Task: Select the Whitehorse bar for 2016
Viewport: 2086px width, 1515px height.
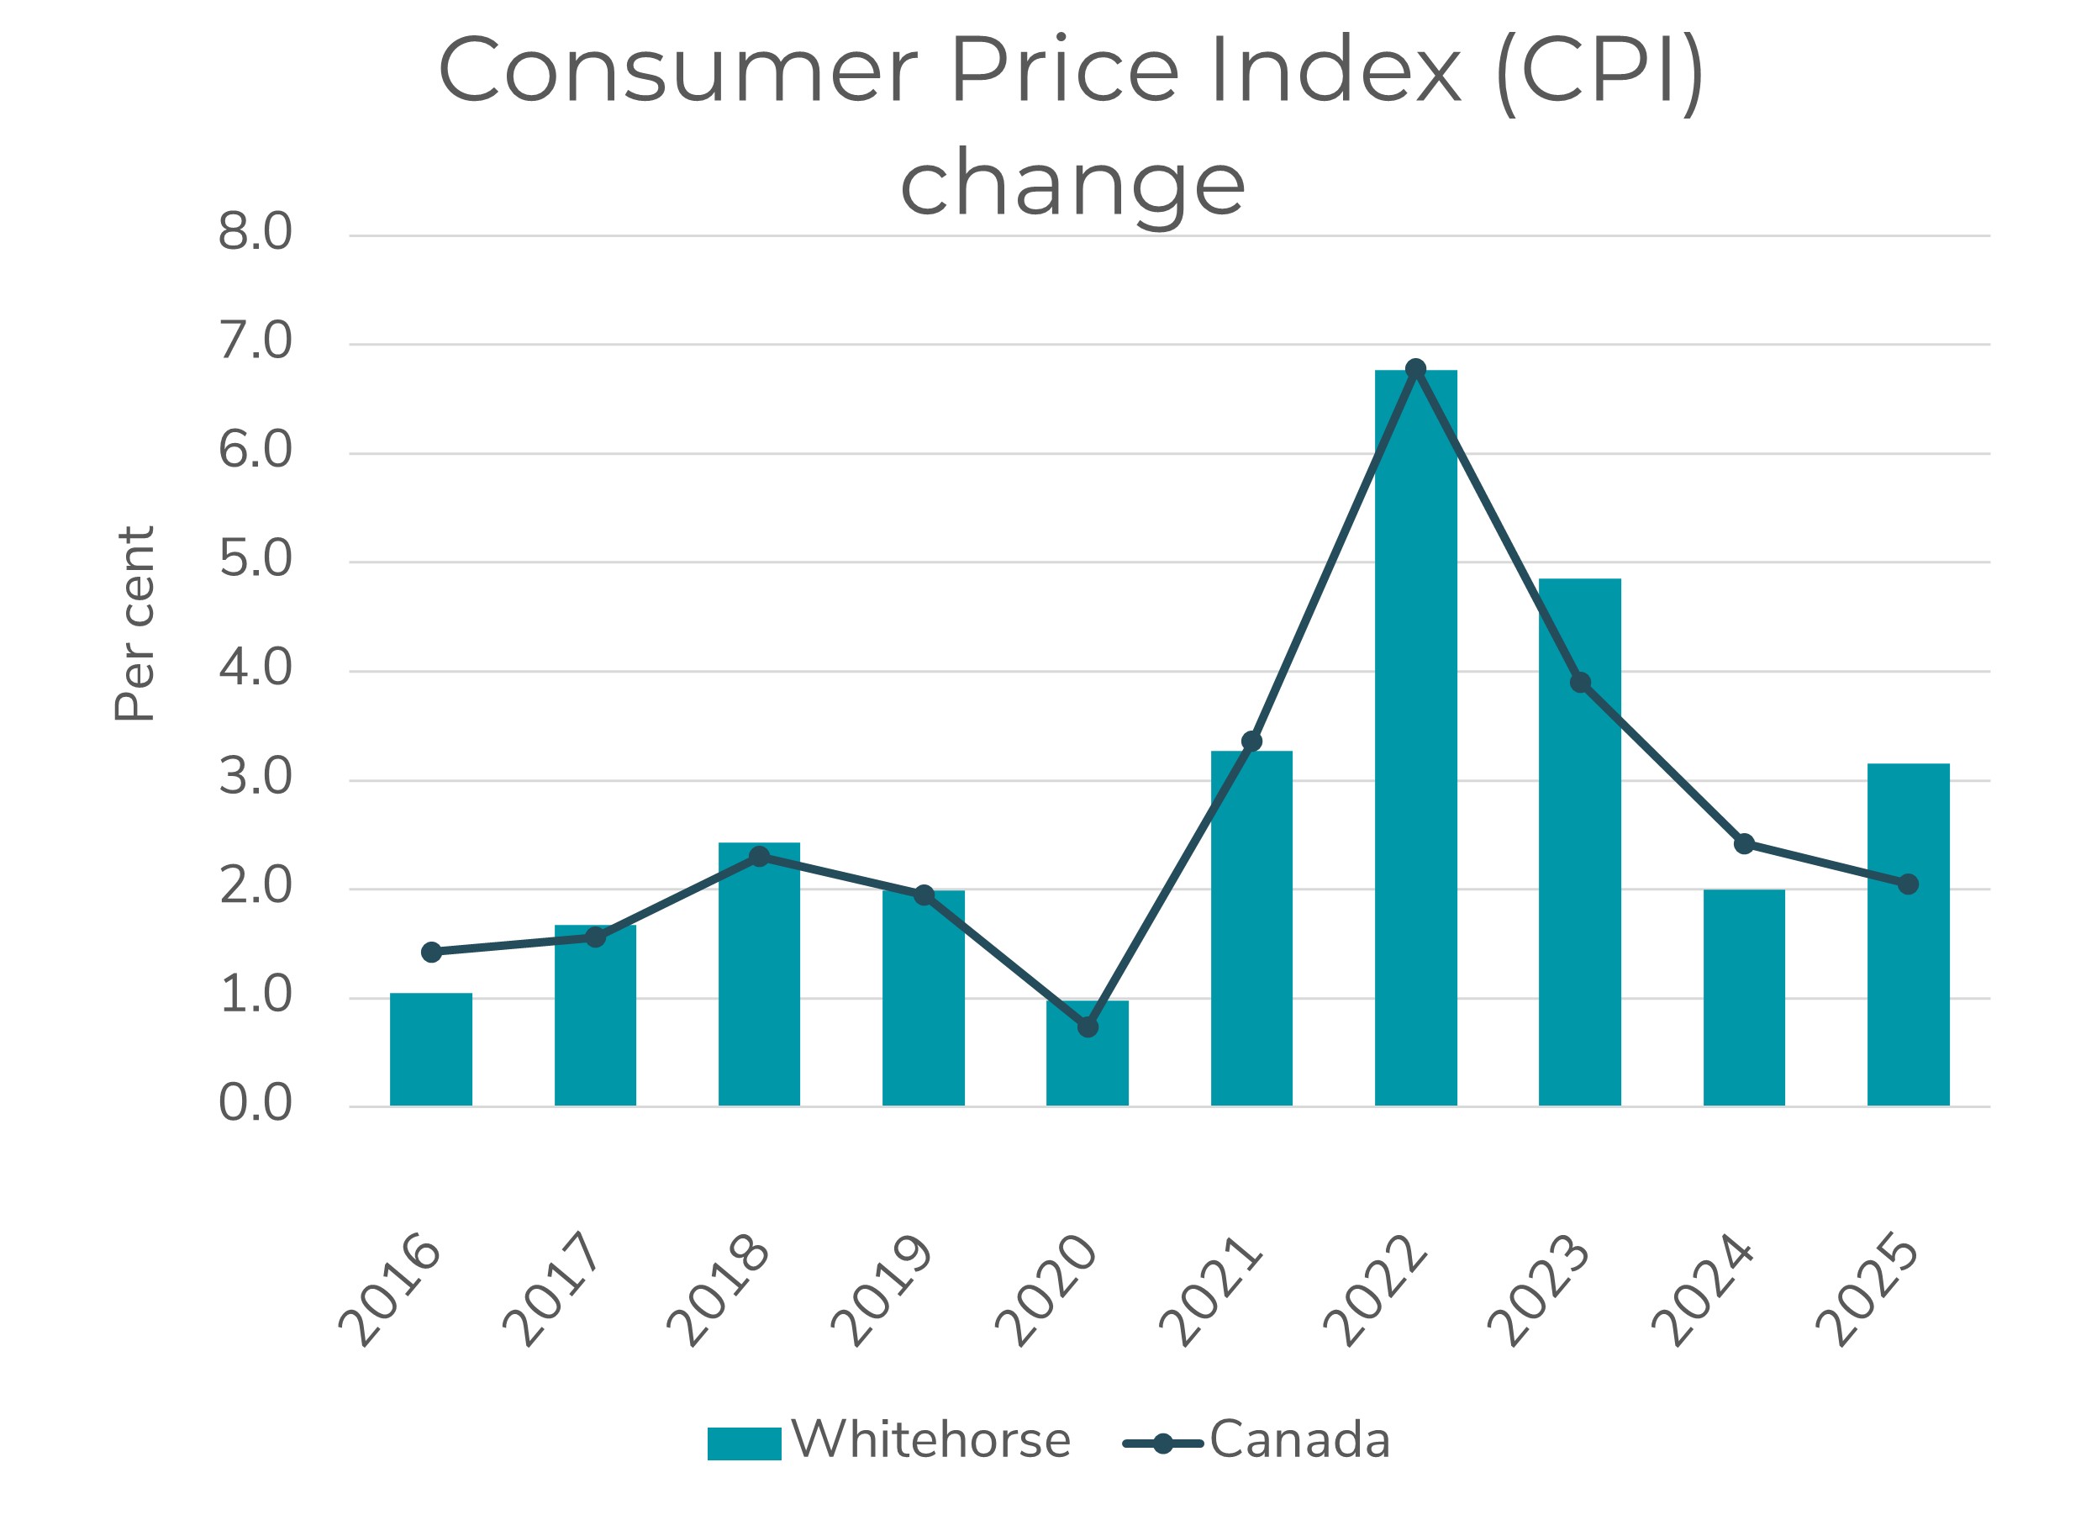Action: click(x=430, y=1049)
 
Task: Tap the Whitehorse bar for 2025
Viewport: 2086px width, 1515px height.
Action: click(x=1909, y=935)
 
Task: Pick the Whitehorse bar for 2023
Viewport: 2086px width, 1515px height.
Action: click(x=1579, y=842)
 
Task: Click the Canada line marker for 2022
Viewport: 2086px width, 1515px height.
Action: click(x=1415, y=369)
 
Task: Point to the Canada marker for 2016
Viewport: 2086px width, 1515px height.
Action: click(x=431, y=952)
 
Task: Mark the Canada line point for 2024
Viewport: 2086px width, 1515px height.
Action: click(x=1744, y=843)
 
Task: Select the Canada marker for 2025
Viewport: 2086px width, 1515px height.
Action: click(x=1909, y=884)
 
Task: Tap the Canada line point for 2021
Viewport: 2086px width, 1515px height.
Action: click(x=1251, y=742)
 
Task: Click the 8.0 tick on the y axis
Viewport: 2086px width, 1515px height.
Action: click(x=255, y=232)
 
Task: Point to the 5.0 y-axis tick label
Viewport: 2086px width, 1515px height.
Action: click(x=255, y=559)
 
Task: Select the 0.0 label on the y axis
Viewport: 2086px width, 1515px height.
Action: click(x=255, y=1103)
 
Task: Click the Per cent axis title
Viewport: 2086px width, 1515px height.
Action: click(x=135, y=624)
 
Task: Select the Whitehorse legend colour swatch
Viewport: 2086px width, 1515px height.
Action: click(x=744, y=1444)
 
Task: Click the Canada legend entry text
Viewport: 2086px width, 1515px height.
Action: click(x=1298, y=1439)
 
